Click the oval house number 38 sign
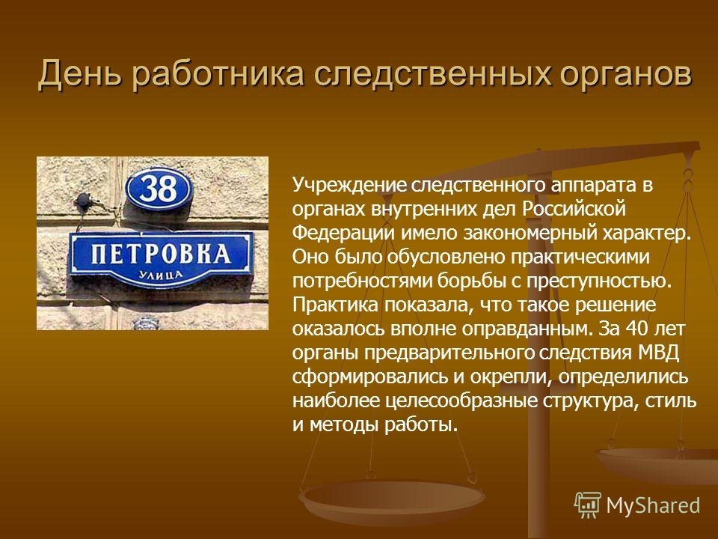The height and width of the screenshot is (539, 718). [x=159, y=189]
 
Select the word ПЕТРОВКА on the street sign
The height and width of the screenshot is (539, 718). [x=161, y=254]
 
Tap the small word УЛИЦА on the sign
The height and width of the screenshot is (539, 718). [x=161, y=275]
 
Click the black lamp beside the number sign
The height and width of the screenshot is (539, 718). [x=84, y=202]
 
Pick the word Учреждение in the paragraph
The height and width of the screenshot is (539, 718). [x=349, y=185]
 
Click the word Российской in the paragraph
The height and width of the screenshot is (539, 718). [x=574, y=209]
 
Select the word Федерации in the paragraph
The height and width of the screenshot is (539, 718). [x=343, y=234]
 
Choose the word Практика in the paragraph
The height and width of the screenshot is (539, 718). [x=335, y=305]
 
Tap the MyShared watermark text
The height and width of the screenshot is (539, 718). [x=654, y=505]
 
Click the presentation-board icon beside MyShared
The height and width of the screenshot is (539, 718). [x=588, y=505]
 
